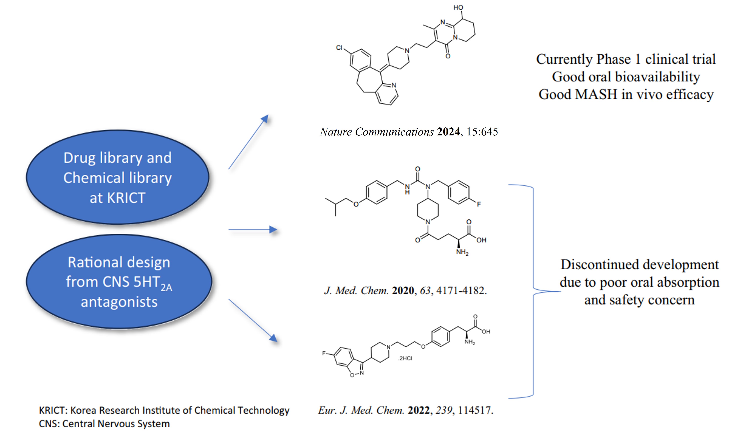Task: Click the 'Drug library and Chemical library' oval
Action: tap(117, 177)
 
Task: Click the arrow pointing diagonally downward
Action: tap(253, 320)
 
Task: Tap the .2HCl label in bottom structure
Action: tap(405, 358)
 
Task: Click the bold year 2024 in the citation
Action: tap(448, 132)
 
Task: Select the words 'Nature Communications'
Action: tap(377, 132)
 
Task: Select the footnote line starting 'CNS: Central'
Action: tap(104, 424)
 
